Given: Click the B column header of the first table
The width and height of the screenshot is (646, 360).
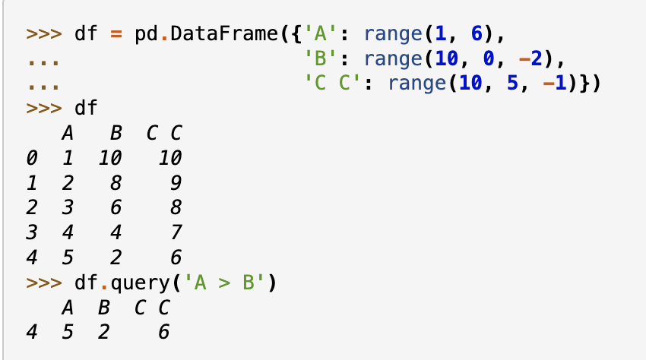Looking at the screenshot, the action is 116,134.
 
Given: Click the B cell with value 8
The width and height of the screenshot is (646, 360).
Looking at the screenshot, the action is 116,183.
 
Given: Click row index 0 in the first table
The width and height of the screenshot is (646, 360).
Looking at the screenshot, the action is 30,159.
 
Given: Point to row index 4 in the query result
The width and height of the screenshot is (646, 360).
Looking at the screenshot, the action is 30,333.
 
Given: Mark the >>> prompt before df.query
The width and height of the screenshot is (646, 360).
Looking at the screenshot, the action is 44,283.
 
